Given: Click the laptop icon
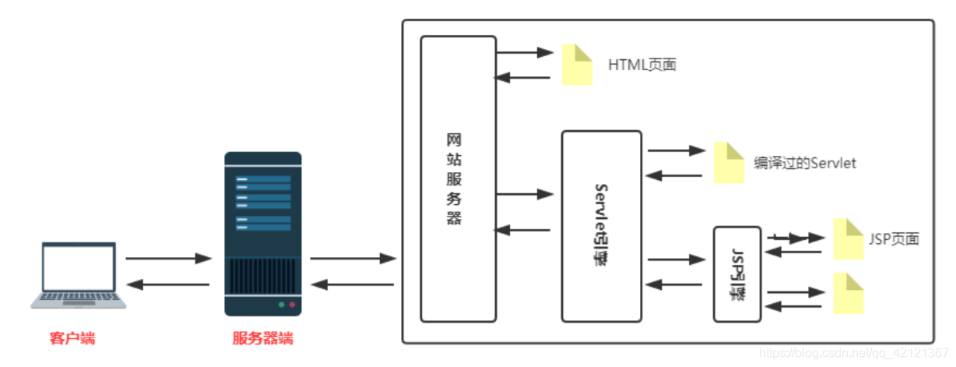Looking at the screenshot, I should tap(78, 275).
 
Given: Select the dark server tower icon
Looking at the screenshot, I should tap(262, 234).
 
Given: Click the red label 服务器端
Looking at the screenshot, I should tap(262, 338).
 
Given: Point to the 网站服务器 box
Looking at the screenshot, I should tap(458, 178).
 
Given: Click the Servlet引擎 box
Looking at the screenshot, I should tap(601, 226).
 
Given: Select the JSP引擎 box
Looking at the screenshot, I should tap(736, 273).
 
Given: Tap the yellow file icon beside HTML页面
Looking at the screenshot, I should tap(578, 64).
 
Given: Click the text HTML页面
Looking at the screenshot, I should tap(642, 65).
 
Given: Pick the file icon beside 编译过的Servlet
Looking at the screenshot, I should tap(729, 163).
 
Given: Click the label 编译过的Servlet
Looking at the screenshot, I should tap(805, 163).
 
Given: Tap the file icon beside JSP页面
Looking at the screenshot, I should tap(848, 238).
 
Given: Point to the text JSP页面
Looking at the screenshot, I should tap(894, 238).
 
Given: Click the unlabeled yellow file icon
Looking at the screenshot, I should tap(848, 293).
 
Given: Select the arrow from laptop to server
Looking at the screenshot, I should tap(168, 257).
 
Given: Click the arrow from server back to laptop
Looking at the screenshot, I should tap(168, 285).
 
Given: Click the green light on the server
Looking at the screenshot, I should tap(281, 304).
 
